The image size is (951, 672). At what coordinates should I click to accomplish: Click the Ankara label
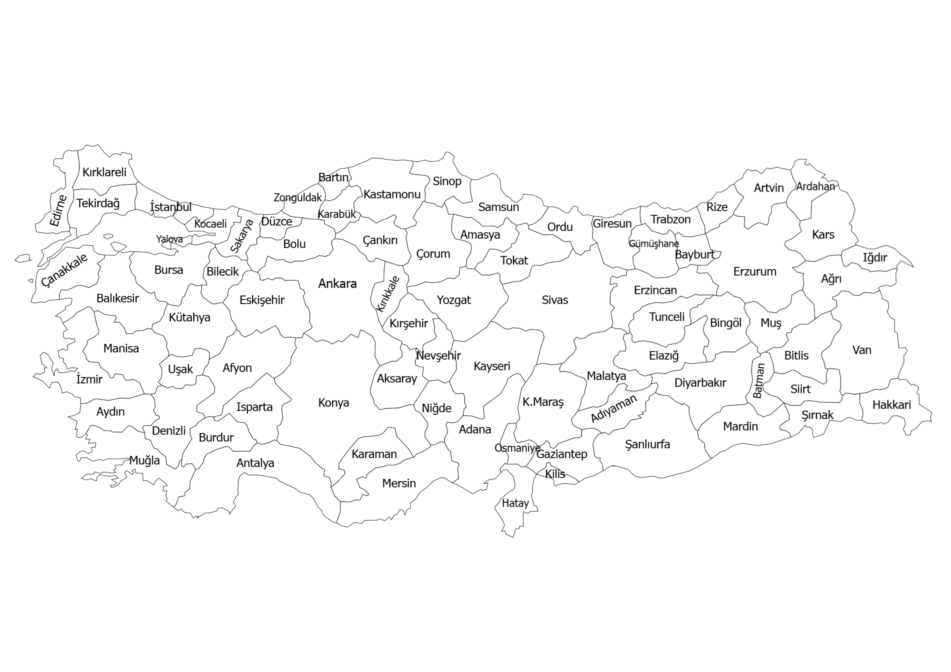click(337, 284)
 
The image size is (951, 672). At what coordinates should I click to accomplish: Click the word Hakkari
click(891, 405)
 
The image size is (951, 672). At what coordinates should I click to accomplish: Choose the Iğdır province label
click(875, 257)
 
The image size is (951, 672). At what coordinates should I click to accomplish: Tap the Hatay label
click(515, 503)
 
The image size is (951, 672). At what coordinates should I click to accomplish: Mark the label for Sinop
click(447, 181)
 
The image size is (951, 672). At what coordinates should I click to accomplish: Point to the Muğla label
click(144, 460)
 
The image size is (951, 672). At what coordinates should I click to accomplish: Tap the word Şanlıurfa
click(647, 444)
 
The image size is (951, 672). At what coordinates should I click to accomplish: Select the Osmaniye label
click(517, 448)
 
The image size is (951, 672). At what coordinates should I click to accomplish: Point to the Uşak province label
click(180, 369)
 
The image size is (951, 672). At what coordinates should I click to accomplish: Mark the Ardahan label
click(815, 186)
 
